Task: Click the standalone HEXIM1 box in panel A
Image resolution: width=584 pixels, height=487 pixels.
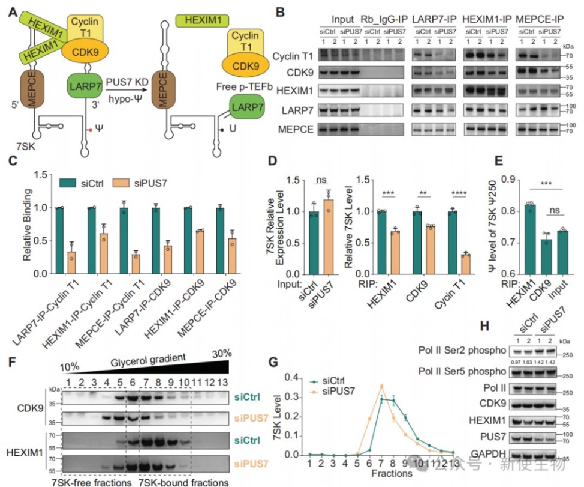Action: pyautogui.click(x=203, y=21)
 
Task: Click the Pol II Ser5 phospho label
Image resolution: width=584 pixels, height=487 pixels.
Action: pyautogui.click(x=462, y=377)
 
